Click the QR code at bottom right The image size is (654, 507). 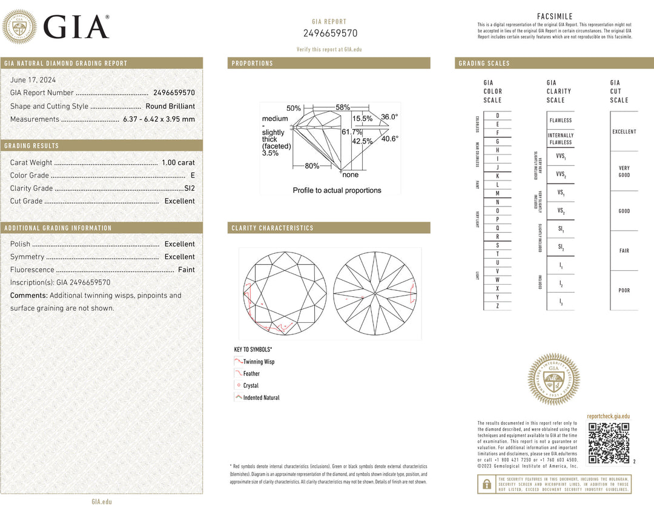[609, 443]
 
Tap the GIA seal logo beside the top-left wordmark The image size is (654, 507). [19, 26]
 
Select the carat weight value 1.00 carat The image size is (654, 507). [178, 162]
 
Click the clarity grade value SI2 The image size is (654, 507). [190, 188]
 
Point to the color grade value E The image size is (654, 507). [193, 176]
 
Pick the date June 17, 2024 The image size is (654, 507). [32, 80]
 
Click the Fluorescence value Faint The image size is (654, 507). [187, 270]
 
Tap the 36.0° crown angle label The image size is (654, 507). [389, 116]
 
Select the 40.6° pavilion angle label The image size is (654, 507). [389, 139]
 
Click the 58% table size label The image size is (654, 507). [343, 107]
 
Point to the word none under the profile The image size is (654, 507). [350, 174]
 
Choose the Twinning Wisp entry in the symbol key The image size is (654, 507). [259, 362]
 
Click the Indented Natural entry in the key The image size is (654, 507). [261, 398]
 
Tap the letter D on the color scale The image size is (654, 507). [497, 115]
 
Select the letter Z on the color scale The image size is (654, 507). [497, 306]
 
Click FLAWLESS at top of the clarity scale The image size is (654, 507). [561, 121]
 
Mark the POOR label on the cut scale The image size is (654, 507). [624, 290]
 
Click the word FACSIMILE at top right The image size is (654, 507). [555, 16]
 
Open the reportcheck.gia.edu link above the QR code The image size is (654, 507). [608, 416]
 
